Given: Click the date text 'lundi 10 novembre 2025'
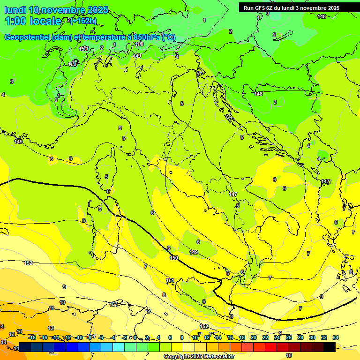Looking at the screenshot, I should click(x=56, y=10).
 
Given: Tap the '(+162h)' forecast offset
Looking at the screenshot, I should click(x=83, y=20).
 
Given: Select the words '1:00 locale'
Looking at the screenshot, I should click(x=33, y=21).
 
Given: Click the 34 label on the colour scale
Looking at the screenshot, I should click(x=335, y=337).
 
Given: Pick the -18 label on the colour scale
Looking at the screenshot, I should click(x=32, y=337).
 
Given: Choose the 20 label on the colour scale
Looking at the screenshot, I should click(x=254, y=337).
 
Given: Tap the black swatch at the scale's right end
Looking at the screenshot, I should click(x=330, y=347).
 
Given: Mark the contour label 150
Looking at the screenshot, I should click(x=174, y=258).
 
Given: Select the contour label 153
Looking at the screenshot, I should click(x=114, y=304).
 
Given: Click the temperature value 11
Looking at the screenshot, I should click(x=52, y=308).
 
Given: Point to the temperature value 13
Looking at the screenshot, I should click(x=19, y=331).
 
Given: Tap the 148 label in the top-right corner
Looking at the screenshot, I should click(x=321, y=16).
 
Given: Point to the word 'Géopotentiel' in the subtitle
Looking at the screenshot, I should click(x=28, y=37).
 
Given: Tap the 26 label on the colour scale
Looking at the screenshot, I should click(x=288, y=337).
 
